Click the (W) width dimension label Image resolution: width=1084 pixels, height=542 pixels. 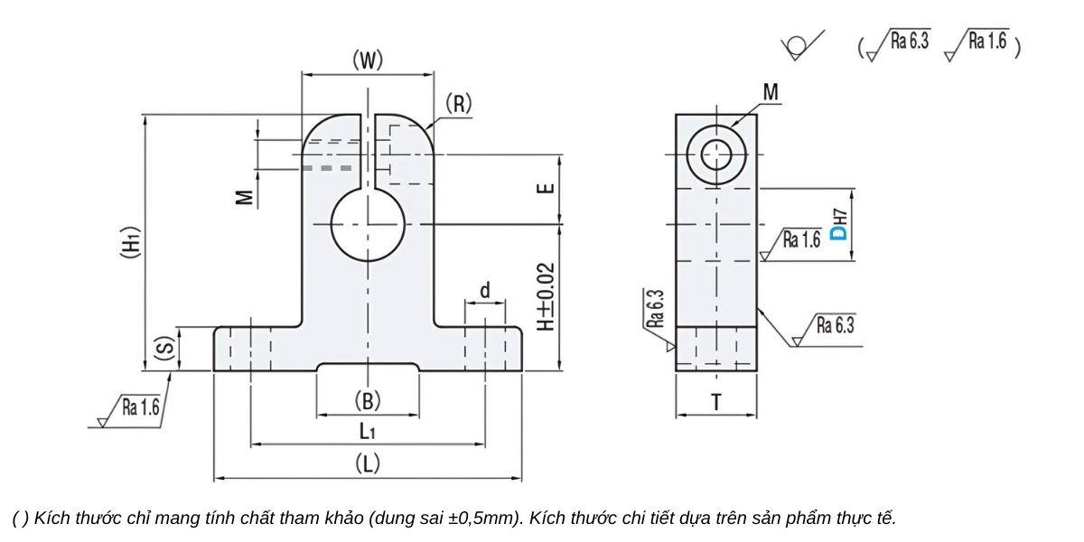click(x=368, y=61)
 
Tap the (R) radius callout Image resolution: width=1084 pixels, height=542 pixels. click(x=458, y=104)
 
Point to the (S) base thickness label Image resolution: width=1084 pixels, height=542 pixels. click(x=164, y=350)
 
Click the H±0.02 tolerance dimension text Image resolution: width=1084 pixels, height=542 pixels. click(x=545, y=297)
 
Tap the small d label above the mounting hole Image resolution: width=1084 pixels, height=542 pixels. click(x=485, y=291)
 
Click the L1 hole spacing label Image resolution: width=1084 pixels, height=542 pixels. click(x=367, y=432)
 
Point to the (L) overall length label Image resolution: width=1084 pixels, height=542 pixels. click(x=367, y=464)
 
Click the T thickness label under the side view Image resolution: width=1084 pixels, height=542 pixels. click(x=716, y=403)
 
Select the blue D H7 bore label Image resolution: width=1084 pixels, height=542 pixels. click(x=839, y=227)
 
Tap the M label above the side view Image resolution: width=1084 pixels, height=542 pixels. click(x=771, y=92)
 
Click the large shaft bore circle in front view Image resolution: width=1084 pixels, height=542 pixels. click(x=368, y=224)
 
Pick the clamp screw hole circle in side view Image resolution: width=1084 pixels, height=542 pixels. click(x=716, y=154)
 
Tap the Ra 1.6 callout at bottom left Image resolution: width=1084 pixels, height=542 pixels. click(x=140, y=408)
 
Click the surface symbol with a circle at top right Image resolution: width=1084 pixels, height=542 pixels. click(x=799, y=45)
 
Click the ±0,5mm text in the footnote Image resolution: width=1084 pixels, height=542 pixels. click(x=485, y=519)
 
